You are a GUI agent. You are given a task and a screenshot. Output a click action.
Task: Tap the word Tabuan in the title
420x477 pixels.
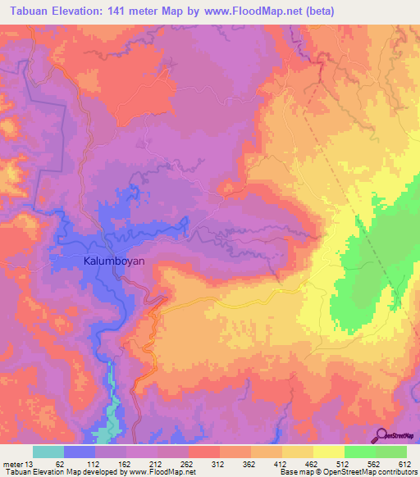point(26,11)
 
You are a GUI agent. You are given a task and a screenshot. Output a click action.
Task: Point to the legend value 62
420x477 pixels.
point(60,464)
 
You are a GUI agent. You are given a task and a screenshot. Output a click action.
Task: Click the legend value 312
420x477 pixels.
point(218,464)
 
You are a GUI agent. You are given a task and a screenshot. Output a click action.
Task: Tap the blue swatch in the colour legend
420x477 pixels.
point(80,452)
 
